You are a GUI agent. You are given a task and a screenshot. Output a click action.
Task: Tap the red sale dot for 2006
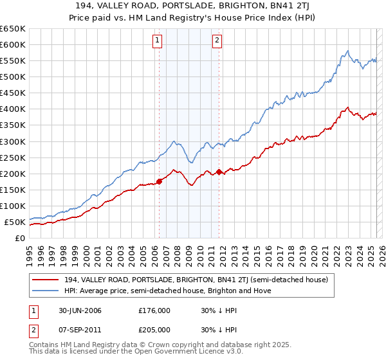click(159, 181)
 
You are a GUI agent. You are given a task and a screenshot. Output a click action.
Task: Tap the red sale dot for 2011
click(219, 172)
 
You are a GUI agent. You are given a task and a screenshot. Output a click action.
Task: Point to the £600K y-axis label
click(13, 44)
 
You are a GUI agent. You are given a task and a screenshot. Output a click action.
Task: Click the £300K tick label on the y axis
click(13, 141)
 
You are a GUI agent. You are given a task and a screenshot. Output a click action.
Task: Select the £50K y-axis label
click(15, 222)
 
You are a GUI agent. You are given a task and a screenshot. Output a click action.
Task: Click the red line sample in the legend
click(46, 280)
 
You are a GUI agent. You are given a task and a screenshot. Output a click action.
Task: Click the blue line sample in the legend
click(46, 291)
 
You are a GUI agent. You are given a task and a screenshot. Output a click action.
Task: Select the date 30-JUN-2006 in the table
click(78, 310)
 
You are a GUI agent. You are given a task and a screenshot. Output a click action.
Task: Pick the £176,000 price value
click(153, 310)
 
